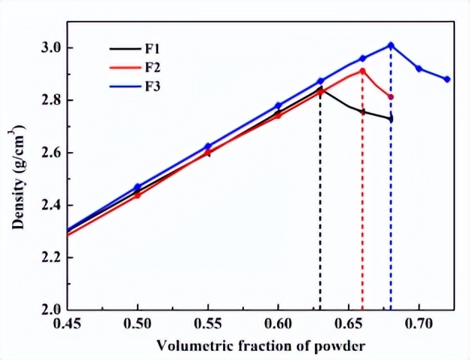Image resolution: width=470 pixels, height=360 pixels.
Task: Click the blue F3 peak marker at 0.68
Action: pos(391,45)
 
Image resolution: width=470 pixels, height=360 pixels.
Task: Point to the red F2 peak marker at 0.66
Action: pos(362,71)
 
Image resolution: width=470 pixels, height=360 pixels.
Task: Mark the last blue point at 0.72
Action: pos(447,79)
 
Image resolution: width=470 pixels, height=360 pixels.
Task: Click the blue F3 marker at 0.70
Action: pos(419,69)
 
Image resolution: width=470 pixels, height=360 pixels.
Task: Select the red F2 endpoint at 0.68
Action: pos(391,97)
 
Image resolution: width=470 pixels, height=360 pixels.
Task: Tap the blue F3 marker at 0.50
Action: pos(138,187)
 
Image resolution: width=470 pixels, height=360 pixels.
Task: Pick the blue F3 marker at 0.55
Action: pos(208,146)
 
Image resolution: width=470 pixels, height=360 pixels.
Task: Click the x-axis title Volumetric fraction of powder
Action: pos(261,346)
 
